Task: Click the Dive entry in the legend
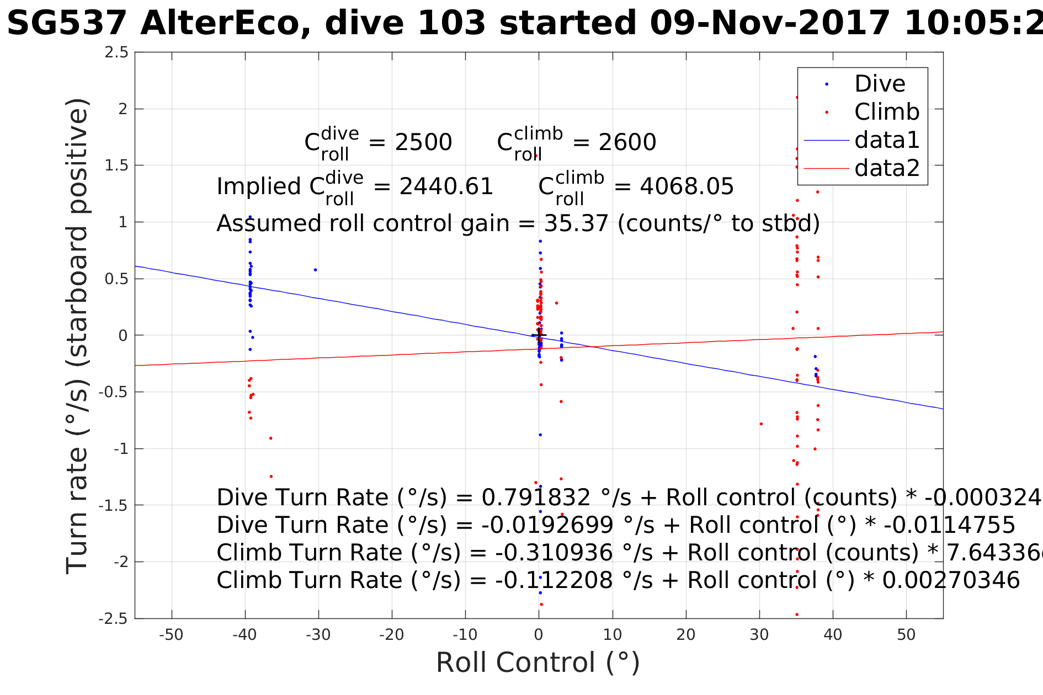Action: (880, 84)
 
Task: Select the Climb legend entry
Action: (887, 112)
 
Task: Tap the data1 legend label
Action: (887, 140)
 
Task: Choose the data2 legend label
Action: (887, 168)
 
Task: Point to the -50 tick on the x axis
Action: (171, 635)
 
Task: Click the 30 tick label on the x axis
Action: (759, 635)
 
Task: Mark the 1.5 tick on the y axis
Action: (116, 165)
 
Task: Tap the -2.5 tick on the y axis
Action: (113, 619)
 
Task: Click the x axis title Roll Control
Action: (538, 662)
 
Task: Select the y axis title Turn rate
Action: (77, 336)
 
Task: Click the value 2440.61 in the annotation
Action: (446, 187)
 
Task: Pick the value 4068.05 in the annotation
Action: (687, 187)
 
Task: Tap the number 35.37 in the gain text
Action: (576, 223)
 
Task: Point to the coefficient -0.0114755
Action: (949, 525)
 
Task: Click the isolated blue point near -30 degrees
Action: (315, 270)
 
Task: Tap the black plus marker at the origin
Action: (539, 335)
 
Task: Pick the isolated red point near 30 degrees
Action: (761, 424)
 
